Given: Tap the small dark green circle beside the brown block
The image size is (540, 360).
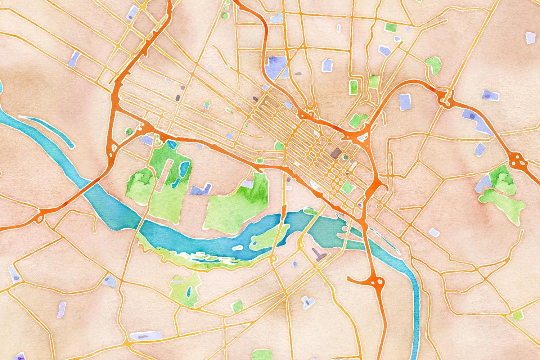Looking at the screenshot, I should pyautogui.click(x=346, y=157).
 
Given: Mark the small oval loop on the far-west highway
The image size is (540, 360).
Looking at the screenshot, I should pyautogui.click(x=39, y=218).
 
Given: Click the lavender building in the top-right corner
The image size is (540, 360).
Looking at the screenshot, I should pyautogui.click(x=530, y=37).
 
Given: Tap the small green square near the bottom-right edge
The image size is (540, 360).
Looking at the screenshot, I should pyautogui.click(x=518, y=316).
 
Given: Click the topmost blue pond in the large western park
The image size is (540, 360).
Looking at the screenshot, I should pyautogui.click(x=172, y=145).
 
